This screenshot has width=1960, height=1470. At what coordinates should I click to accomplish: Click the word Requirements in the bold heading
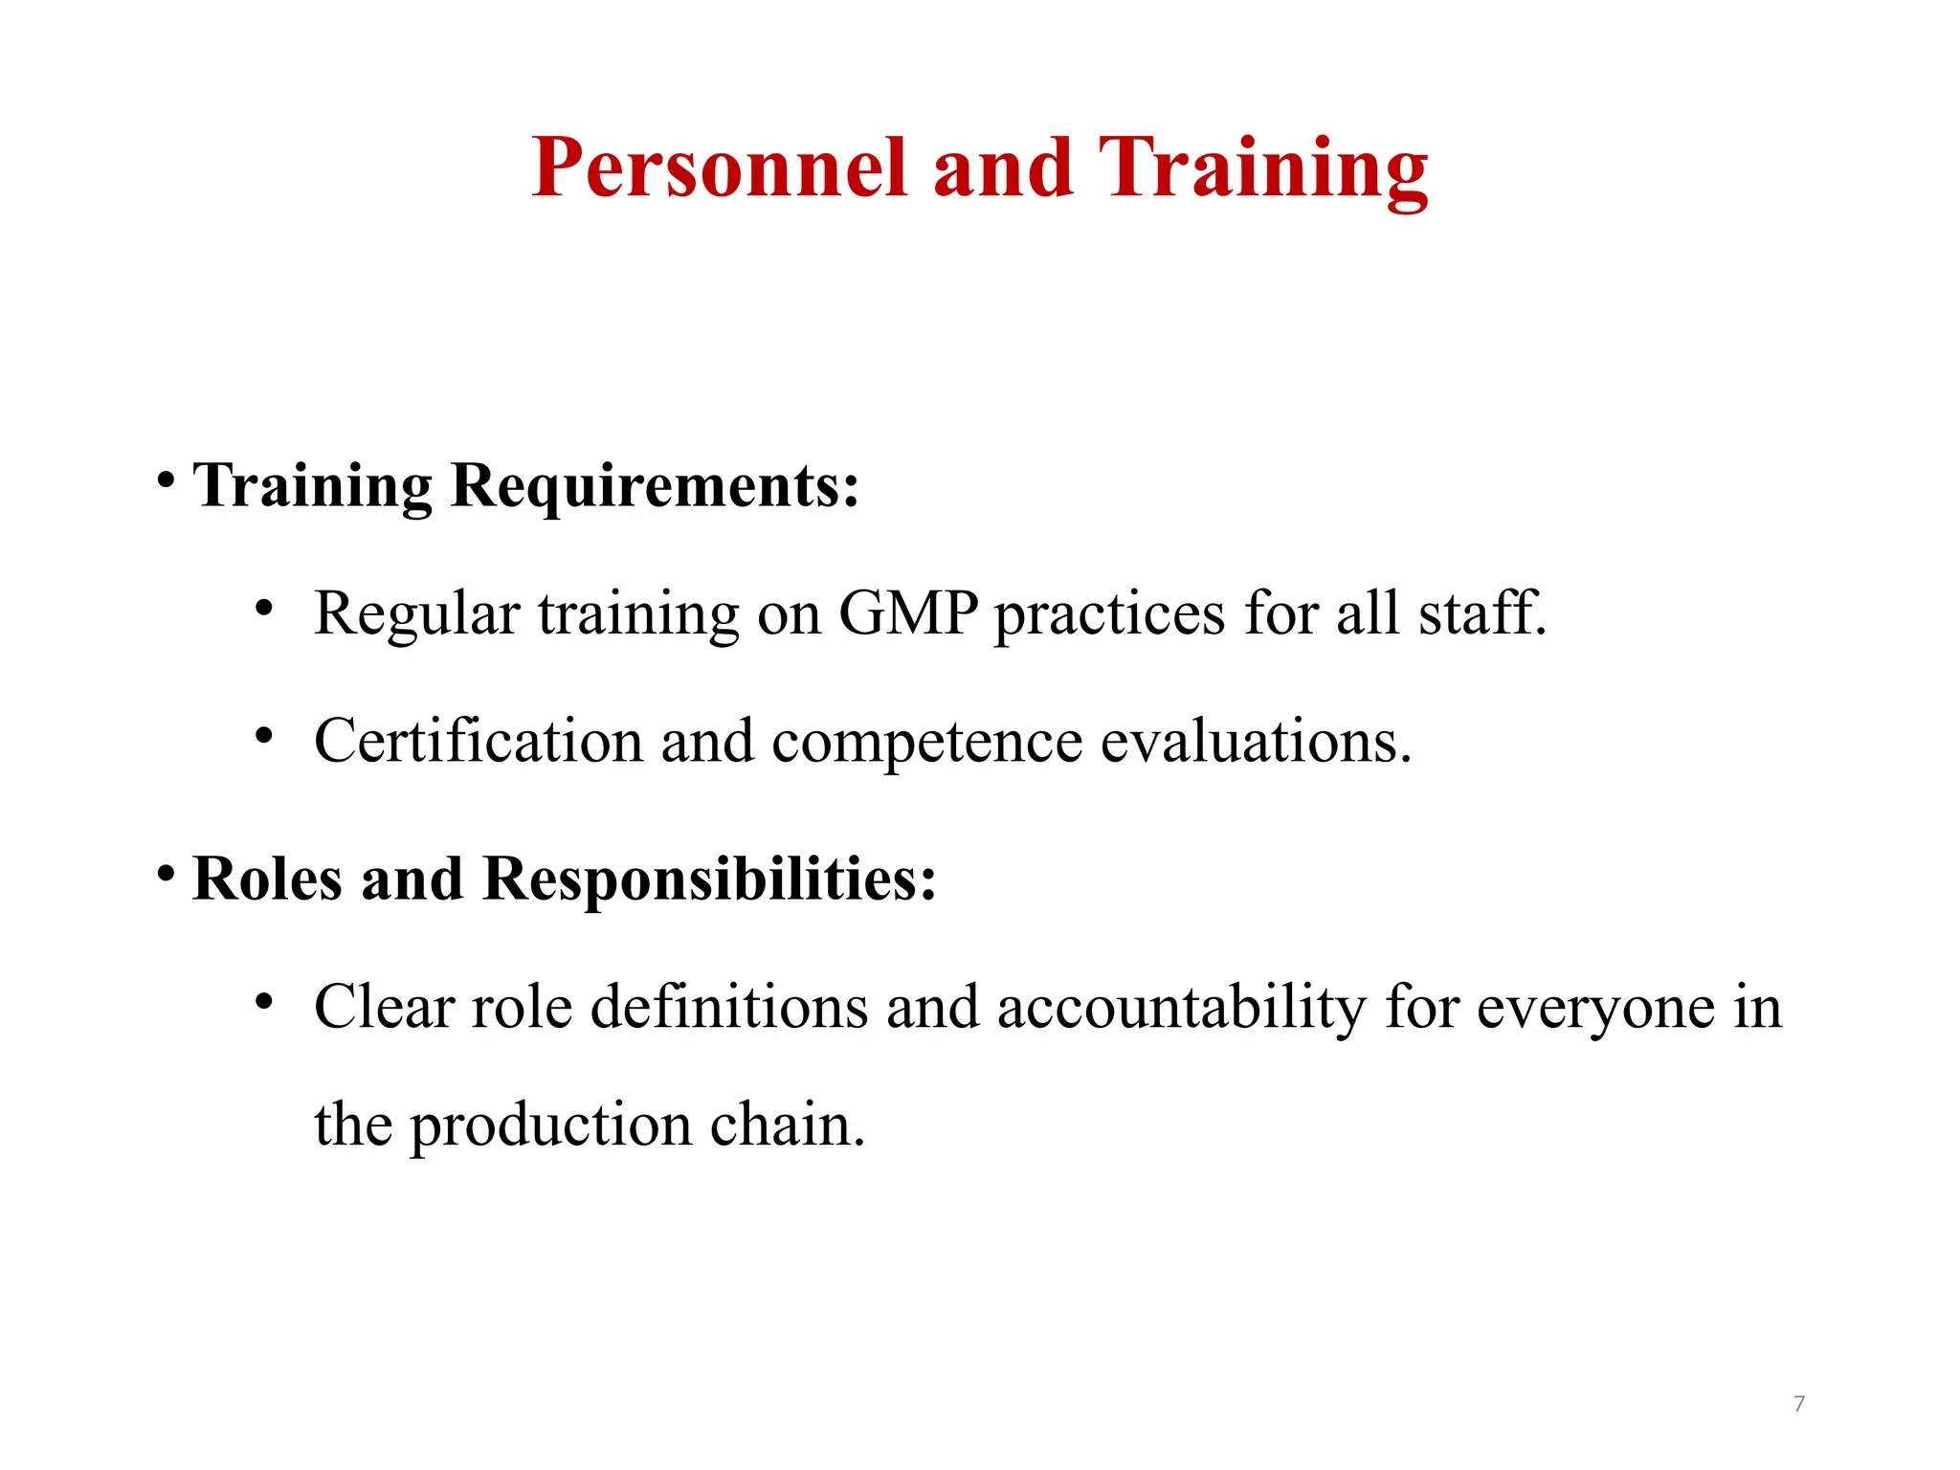coord(655,485)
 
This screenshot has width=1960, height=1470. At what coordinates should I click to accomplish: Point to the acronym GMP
coord(908,612)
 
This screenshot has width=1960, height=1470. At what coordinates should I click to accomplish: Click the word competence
coord(927,741)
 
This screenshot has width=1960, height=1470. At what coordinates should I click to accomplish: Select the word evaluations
coord(1256,741)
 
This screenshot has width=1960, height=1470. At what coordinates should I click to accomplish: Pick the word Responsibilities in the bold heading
coord(709,878)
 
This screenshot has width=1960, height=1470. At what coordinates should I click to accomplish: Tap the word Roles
coord(267,878)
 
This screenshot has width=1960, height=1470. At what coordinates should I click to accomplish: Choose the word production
coord(551,1125)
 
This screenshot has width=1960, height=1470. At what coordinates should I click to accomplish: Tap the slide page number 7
coord(1799,1404)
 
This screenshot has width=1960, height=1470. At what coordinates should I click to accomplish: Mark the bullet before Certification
coord(264,736)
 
